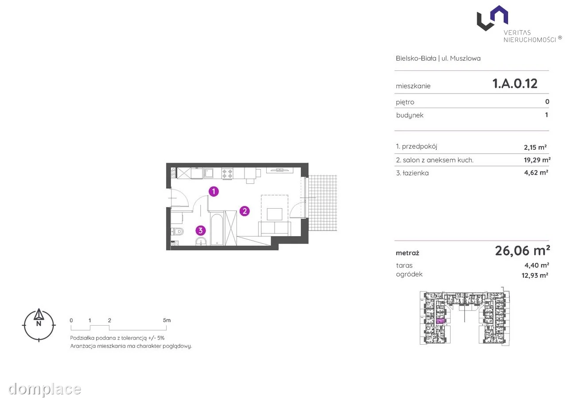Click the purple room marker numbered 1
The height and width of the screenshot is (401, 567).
pos(214,191)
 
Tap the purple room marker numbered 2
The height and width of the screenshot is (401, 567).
pos(245,211)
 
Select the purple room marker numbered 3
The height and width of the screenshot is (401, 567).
pos(201,230)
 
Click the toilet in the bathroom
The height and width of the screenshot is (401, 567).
pos(178,231)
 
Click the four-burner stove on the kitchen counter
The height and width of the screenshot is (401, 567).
pos(227,174)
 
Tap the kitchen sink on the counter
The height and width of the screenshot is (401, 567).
pos(208,173)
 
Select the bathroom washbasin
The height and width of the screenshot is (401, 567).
pos(201,241)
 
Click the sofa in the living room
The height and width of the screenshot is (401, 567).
pos(275,228)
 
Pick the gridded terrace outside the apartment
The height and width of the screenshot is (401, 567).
pos(323,203)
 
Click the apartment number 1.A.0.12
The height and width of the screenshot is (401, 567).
pos(515,84)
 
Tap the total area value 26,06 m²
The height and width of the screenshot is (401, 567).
pos(522,251)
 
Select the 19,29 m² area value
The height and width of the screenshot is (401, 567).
pos(537,160)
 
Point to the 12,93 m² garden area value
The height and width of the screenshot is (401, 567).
pos(535,275)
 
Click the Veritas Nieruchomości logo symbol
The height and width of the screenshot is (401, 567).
pos(492,18)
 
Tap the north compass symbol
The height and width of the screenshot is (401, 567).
pos(39,325)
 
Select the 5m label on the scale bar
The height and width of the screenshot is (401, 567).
pos(167,320)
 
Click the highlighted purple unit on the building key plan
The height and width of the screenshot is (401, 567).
pos(440,321)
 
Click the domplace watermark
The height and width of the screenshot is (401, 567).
pos(45,389)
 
